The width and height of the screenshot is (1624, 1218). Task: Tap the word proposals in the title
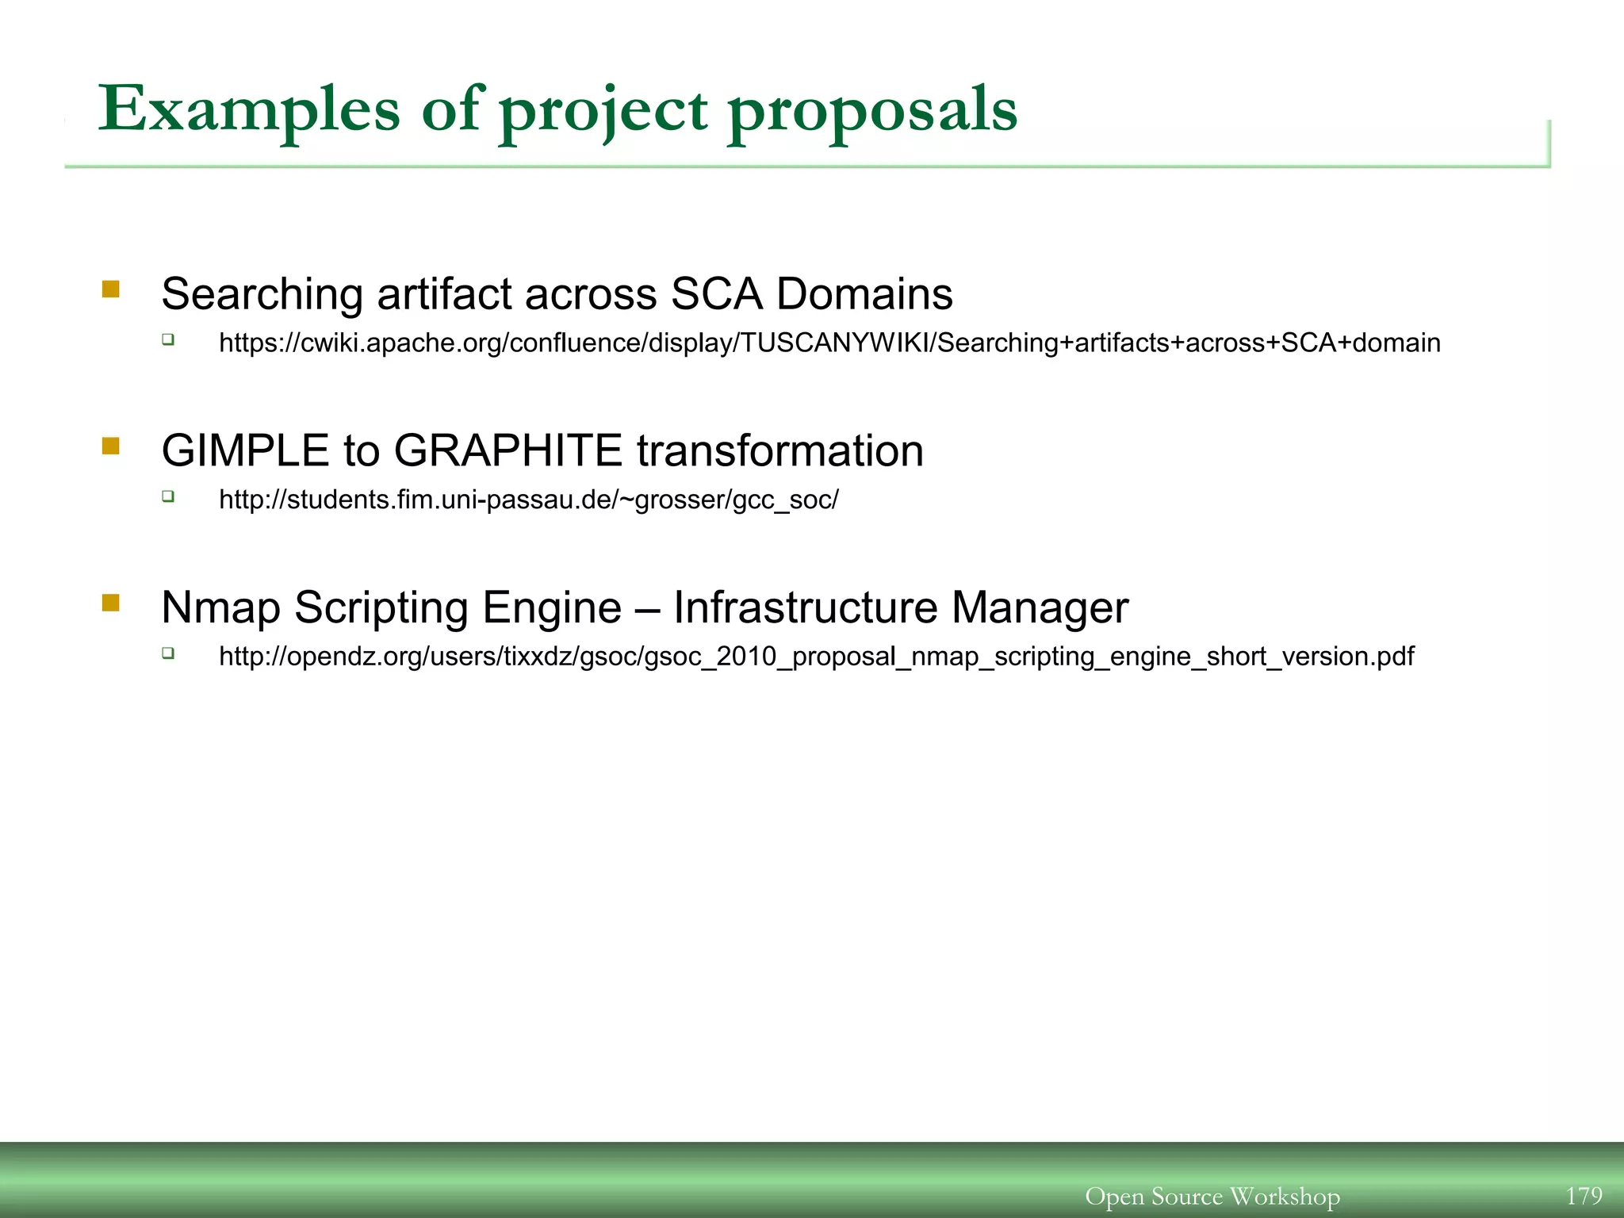pyautogui.click(x=872, y=111)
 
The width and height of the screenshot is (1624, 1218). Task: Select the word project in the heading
pyautogui.click(x=603, y=111)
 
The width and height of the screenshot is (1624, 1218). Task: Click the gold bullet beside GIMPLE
pyautogui.click(x=111, y=446)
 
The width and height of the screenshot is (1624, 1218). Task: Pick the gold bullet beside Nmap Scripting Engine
pyautogui.click(x=111, y=603)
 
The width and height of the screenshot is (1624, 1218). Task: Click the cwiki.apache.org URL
pyautogui.click(x=829, y=343)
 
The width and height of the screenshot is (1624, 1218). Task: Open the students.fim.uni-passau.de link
pyautogui.click(x=528, y=500)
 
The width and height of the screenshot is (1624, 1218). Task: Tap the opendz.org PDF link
pyautogui.click(x=816, y=657)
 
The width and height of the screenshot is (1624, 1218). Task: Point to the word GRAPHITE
pyautogui.click(x=507, y=450)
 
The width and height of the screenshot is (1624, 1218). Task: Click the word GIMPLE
pyautogui.click(x=245, y=450)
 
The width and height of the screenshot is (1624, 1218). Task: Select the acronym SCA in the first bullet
pyautogui.click(x=716, y=294)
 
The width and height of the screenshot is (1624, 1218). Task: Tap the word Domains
pyautogui.click(x=864, y=294)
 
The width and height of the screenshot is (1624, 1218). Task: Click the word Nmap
pyautogui.click(x=220, y=608)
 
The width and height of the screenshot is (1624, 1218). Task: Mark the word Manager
pyautogui.click(x=1040, y=608)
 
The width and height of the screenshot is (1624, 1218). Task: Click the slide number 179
pyautogui.click(x=1584, y=1196)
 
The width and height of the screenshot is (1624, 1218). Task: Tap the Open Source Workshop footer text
pyautogui.click(x=1212, y=1196)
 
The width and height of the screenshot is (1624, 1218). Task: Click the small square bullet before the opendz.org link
pyautogui.click(x=168, y=653)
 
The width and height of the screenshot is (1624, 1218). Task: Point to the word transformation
pyautogui.click(x=779, y=450)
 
